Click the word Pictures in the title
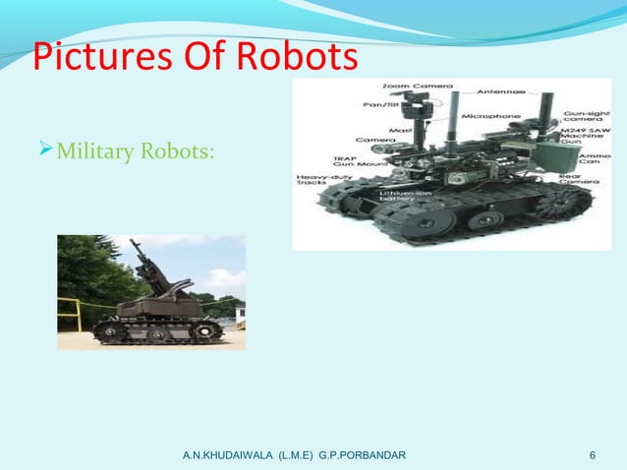(89, 58)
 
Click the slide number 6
(593, 455)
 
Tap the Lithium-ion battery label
(401, 196)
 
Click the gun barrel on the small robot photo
(148, 252)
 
